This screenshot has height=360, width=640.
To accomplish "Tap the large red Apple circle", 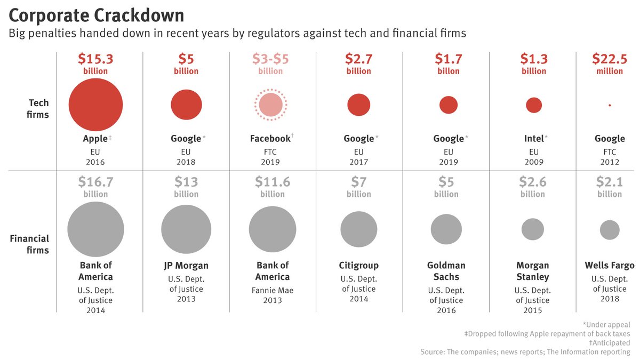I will click(x=95, y=105).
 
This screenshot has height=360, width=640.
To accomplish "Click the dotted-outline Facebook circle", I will click(x=270, y=104).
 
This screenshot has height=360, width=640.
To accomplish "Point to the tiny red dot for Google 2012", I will click(x=610, y=105).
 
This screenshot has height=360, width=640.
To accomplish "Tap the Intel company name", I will click(x=533, y=139).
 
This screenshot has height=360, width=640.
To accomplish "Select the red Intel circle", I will click(x=534, y=105).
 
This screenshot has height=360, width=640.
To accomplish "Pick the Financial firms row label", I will click(x=29, y=244).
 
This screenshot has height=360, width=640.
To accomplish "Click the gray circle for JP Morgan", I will click(x=186, y=229).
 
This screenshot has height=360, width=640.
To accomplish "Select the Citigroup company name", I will click(x=359, y=265).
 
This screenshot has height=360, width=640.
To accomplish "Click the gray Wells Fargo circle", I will click(x=610, y=230).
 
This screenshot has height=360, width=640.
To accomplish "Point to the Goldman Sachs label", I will click(x=446, y=271).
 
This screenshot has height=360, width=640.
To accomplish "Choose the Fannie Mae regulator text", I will click(x=273, y=291).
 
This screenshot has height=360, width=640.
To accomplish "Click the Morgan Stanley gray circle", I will click(x=533, y=229).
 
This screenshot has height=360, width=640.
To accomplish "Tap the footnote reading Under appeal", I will click(x=606, y=325).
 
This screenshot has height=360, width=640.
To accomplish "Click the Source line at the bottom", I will click(x=525, y=352).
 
